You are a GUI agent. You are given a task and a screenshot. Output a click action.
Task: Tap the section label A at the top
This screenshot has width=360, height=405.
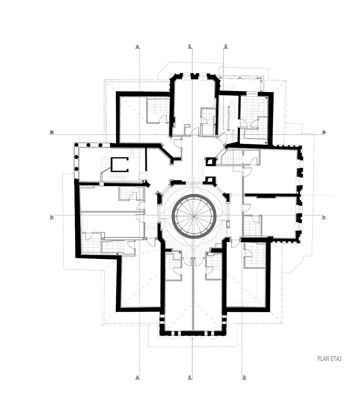137,46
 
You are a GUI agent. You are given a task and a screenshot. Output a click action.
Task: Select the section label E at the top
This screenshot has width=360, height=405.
189,46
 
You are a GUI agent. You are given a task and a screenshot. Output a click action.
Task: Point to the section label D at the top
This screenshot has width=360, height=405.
226,46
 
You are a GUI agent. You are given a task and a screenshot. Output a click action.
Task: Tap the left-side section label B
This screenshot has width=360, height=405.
52,132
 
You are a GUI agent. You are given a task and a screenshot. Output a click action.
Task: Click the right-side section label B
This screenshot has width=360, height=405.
324,132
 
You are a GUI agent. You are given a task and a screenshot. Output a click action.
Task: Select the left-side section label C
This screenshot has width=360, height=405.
52,217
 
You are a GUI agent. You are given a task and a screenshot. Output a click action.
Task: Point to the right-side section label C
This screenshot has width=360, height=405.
324,217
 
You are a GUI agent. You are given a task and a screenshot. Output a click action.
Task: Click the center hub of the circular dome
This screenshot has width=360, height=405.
194,216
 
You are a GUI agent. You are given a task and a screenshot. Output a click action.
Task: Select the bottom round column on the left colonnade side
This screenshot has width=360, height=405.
76,169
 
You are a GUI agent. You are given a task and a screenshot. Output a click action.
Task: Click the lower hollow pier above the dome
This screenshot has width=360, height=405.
210,180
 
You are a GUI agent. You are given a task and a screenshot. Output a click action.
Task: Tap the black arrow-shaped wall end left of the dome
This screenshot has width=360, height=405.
148,184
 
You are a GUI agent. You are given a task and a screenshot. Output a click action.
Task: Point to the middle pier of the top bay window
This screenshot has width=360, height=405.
194,76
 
